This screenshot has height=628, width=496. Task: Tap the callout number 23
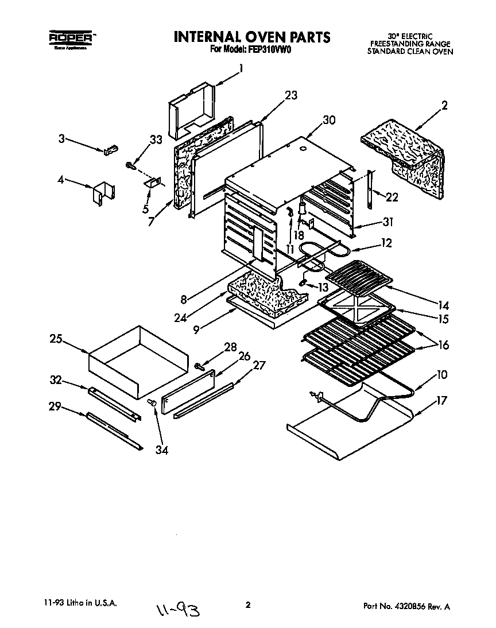(291, 95)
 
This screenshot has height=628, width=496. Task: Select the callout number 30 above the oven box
(329, 120)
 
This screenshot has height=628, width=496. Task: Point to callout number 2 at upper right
(445, 105)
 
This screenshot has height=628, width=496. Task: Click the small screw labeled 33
(130, 165)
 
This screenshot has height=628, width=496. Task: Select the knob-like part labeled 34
(153, 404)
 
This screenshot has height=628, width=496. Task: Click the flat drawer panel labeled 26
(188, 391)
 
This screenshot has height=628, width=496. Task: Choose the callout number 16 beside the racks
(444, 346)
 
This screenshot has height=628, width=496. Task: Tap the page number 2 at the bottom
(248, 604)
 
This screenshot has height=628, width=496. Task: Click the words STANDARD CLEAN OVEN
(410, 51)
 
